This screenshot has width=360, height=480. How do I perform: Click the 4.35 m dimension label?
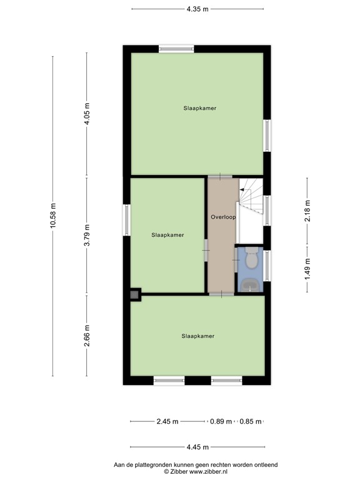pyautogui.click(x=197, y=9)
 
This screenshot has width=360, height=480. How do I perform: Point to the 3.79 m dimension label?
pyautogui.click(x=87, y=236)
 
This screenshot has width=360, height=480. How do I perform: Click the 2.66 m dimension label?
pyautogui.click(x=87, y=336)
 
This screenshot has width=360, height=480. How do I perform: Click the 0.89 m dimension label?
pyautogui.click(x=221, y=421)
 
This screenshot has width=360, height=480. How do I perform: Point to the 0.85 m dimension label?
pyautogui.click(x=251, y=421)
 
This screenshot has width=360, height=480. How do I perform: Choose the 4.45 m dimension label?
pyautogui.click(x=197, y=447)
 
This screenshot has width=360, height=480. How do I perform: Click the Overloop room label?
pyautogui.click(x=222, y=218)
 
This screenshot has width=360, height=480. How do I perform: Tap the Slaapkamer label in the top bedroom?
pyautogui.click(x=200, y=108)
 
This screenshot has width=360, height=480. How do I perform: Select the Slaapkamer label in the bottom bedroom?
pyautogui.click(x=198, y=336)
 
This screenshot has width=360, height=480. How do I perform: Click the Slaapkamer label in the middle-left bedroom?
pyautogui.click(x=167, y=235)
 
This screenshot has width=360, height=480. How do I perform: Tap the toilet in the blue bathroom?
pyautogui.click(x=252, y=257)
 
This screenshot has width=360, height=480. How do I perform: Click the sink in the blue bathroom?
pyautogui.click(x=252, y=284)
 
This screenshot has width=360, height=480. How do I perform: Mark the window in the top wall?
pyautogui.click(x=176, y=48)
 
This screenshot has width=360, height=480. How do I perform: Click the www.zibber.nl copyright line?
pyautogui.click(x=195, y=472)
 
